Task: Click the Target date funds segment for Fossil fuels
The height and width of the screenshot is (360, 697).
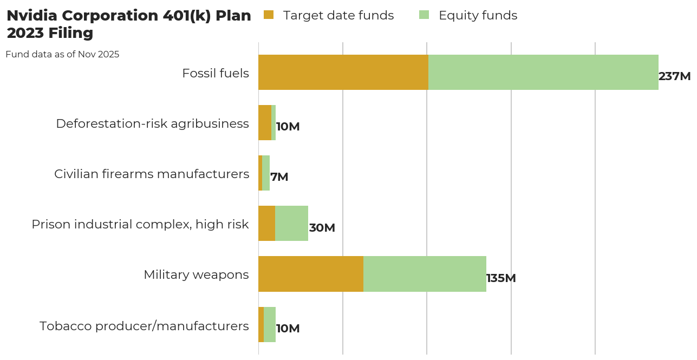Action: (343, 72)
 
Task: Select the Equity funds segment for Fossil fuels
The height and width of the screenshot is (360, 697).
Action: (543, 72)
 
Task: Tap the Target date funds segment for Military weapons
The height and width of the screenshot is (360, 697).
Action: (311, 274)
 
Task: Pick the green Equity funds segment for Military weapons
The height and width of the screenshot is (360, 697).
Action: (425, 274)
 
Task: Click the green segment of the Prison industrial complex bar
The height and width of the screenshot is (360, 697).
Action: (291, 223)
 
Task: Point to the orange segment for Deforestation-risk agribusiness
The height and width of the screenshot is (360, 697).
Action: (265, 122)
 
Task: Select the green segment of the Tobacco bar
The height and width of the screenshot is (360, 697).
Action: (270, 324)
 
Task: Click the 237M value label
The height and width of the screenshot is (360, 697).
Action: (674, 76)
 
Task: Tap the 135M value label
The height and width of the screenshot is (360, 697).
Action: (501, 278)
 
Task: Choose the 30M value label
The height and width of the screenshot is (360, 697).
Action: (322, 228)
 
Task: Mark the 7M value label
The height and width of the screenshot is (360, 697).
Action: (279, 177)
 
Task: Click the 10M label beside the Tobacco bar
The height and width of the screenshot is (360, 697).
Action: (288, 329)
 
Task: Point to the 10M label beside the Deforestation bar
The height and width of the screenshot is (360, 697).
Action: (288, 127)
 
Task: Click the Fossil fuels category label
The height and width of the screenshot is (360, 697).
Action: (216, 73)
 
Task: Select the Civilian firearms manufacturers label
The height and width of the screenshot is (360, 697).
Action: (152, 174)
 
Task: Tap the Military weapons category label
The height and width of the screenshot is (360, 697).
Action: (196, 274)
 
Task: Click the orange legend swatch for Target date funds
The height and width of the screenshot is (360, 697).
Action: (269, 15)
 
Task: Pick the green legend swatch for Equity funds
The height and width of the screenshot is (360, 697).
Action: (424, 15)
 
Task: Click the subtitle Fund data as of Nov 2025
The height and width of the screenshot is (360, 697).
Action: (62, 54)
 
